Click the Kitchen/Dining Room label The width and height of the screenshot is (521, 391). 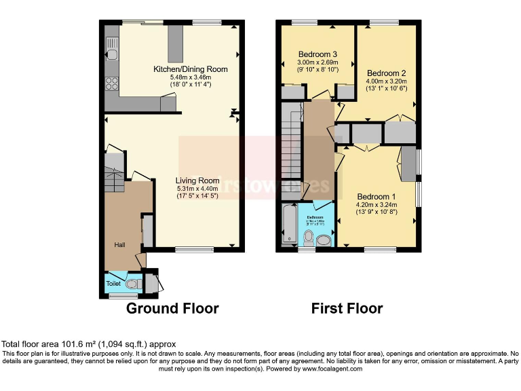(190, 69)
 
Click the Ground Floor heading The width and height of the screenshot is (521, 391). (172, 309)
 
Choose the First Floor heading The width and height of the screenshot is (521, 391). (347, 309)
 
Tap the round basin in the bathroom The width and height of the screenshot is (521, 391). (323, 240)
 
